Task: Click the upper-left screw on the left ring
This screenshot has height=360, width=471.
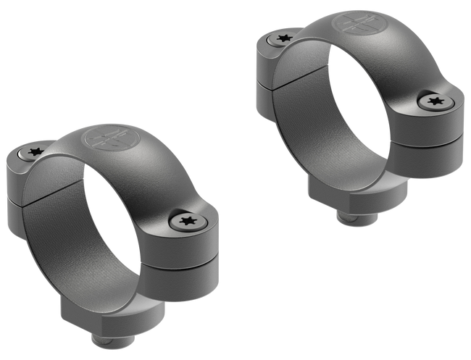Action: [x=33, y=153]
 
